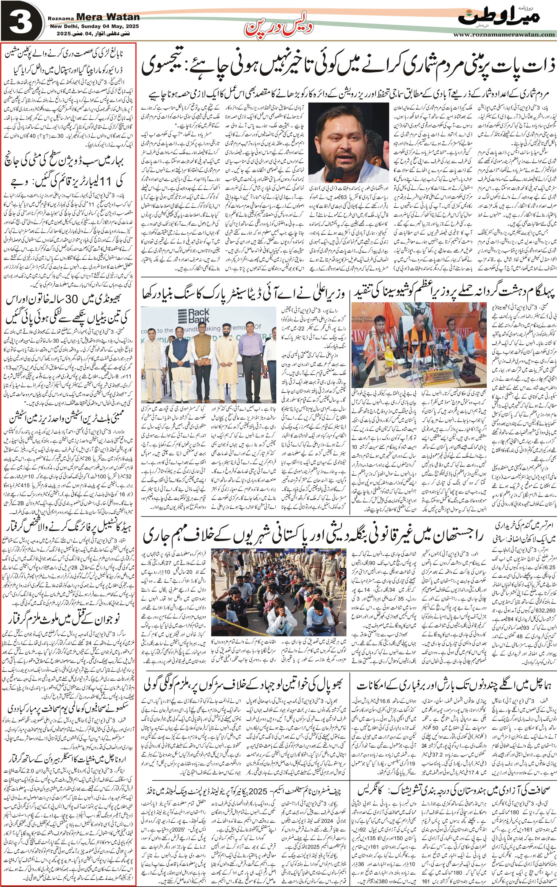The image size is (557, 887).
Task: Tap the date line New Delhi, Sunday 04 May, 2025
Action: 94,27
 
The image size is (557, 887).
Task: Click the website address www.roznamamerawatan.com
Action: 504,34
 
